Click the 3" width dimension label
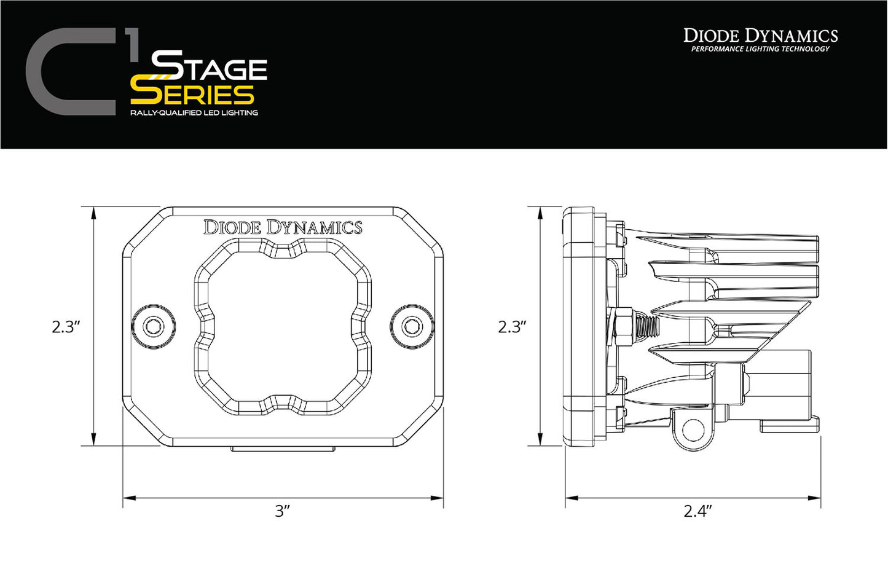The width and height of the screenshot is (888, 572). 282,511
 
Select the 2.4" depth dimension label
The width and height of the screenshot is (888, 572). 697,511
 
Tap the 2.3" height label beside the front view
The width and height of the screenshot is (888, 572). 66,326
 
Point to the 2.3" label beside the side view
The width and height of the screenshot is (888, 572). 513,326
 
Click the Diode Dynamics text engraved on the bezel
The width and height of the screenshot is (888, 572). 283,227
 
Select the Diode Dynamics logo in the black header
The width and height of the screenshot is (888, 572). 760,36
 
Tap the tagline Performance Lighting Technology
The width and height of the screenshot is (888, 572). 760,49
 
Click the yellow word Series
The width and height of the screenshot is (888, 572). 192,94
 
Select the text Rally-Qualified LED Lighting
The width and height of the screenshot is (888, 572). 194,113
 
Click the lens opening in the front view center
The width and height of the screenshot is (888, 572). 283,326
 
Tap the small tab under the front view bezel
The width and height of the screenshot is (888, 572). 283,449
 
